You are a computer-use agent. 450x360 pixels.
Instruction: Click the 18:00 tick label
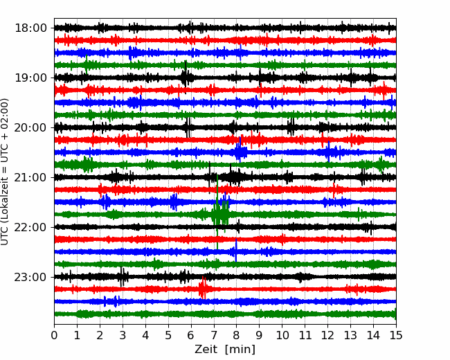tap(30, 28)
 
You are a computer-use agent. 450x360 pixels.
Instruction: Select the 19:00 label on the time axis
tap(30, 78)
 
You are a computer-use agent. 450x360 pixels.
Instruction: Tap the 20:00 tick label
tap(30, 127)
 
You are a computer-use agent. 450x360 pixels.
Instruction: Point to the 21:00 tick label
tap(30, 177)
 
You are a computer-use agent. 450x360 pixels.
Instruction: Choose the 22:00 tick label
tap(30, 227)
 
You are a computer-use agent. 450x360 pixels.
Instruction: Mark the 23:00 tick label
tap(30, 277)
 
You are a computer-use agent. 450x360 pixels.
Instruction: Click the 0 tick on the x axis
tap(54, 335)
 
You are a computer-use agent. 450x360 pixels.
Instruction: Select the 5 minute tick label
tap(168, 335)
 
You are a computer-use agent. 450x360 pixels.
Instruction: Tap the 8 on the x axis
tap(237, 335)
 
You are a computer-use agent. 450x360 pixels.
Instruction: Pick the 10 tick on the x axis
tap(282, 335)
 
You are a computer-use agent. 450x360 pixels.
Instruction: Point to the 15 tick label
tap(396, 335)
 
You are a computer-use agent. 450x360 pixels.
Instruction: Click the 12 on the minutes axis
tap(327, 335)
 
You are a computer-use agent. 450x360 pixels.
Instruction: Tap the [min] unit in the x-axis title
tap(240, 350)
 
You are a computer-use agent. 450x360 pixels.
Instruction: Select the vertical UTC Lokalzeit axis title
tap(5, 172)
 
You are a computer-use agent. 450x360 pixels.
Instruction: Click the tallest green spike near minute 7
tap(217, 212)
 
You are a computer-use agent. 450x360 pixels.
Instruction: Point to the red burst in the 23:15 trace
tap(202, 288)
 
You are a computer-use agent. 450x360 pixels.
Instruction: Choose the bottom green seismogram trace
tap(225, 314)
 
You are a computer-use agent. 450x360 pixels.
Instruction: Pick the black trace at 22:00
tap(225, 227)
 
